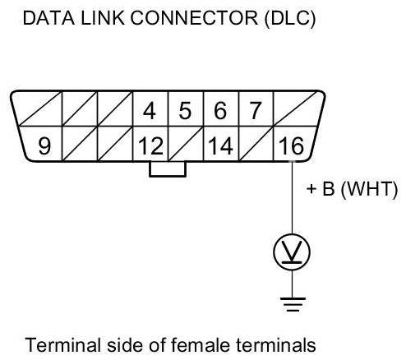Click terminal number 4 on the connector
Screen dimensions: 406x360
click(150, 111)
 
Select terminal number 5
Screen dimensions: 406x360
click(185, 111)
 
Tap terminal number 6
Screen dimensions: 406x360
click(220, 111)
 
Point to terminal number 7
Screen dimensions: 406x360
click(256, 111)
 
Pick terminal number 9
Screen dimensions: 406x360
click(44, 145)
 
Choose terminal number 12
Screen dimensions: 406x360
click(151, 145)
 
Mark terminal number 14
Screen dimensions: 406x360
click(221, 145)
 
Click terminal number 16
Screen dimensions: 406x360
click(291, 145)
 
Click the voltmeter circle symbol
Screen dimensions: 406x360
click(292, 252)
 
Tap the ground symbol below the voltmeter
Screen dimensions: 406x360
click(293, 304)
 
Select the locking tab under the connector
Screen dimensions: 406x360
click(168, 169)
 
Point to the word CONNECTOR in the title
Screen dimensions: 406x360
click(194, 18)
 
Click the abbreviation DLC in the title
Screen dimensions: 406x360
click(290, 18)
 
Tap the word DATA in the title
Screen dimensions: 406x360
click(48, 18)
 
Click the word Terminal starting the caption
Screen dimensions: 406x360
click(63, 344)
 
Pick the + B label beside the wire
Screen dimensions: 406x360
click(321, 189)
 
